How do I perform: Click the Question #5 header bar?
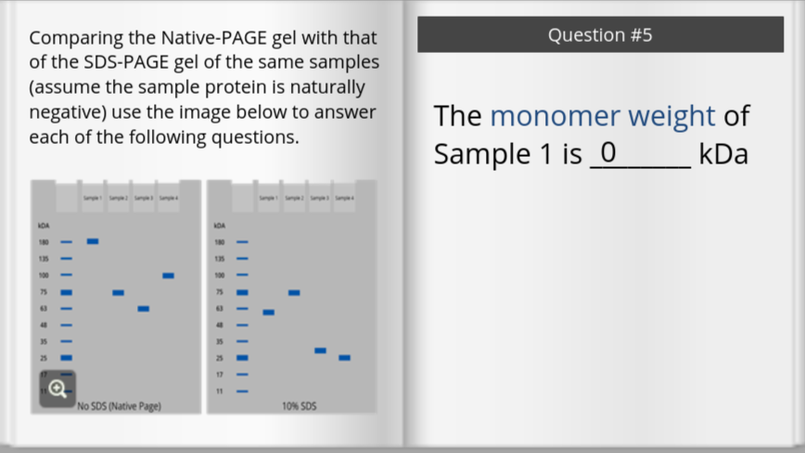pos(600,35)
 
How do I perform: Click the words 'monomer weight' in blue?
pos(602,117)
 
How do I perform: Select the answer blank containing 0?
pos(639,153)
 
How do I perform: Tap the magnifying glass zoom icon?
pos(57,388)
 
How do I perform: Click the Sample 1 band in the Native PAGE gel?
pos(93,241)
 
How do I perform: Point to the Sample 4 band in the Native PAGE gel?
pos(168,276)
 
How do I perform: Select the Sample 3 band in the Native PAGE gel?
pos(143,308)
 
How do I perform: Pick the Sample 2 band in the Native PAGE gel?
pos(118,292)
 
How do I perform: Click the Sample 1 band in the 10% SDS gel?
pos(268,312)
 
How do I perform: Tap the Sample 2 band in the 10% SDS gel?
pos(294,292)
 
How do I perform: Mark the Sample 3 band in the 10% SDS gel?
pos(320,350)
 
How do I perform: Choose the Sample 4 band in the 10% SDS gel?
pos(344,357)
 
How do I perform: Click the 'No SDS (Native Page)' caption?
pos(119,406)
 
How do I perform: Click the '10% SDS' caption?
pos(299,406)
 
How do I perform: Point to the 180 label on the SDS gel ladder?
pos(220,242)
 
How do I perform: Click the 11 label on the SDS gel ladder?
pos(220,391)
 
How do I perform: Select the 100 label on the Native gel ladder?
pos(43,276)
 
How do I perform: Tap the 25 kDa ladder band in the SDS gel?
pos(242,357)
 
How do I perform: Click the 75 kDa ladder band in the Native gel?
pos(66,292)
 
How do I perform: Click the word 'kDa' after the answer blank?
pos(723,154)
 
